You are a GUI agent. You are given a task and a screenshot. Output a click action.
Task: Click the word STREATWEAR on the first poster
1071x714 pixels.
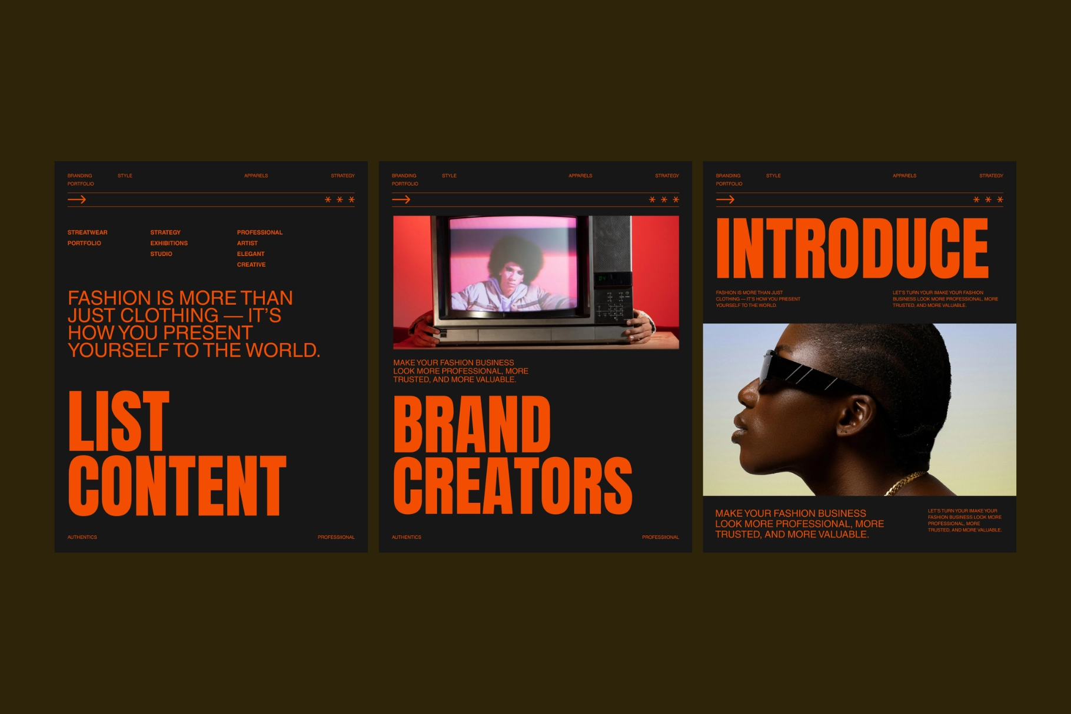(87, 232)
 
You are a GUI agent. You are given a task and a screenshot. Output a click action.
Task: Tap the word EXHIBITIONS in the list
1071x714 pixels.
(169, 243)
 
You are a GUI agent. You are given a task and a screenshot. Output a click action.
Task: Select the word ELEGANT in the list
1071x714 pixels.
(251, 254)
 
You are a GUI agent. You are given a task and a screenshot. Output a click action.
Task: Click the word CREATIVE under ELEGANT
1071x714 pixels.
(251, 265)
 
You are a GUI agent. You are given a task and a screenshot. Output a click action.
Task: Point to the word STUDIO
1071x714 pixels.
(161, 254)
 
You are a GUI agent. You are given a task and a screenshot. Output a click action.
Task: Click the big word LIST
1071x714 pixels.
(119, 421)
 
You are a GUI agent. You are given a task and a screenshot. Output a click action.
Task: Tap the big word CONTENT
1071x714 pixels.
(177, 486)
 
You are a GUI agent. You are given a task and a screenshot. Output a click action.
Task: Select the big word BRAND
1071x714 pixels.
(472, 425)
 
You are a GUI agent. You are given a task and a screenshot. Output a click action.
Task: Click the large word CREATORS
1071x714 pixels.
(513, 486)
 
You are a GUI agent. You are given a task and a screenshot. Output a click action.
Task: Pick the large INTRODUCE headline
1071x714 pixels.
(852, 248)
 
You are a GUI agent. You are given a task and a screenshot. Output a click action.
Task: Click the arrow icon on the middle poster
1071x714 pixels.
(401, 200)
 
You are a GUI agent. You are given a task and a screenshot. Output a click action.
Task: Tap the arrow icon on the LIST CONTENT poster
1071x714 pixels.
(76, 200)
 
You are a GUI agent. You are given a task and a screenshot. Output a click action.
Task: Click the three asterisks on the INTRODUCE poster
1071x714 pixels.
(988, 200)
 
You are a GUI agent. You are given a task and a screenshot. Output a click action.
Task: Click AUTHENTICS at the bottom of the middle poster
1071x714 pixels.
(407, 537)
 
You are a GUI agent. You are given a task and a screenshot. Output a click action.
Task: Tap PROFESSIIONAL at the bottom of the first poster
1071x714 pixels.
(336, 537)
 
